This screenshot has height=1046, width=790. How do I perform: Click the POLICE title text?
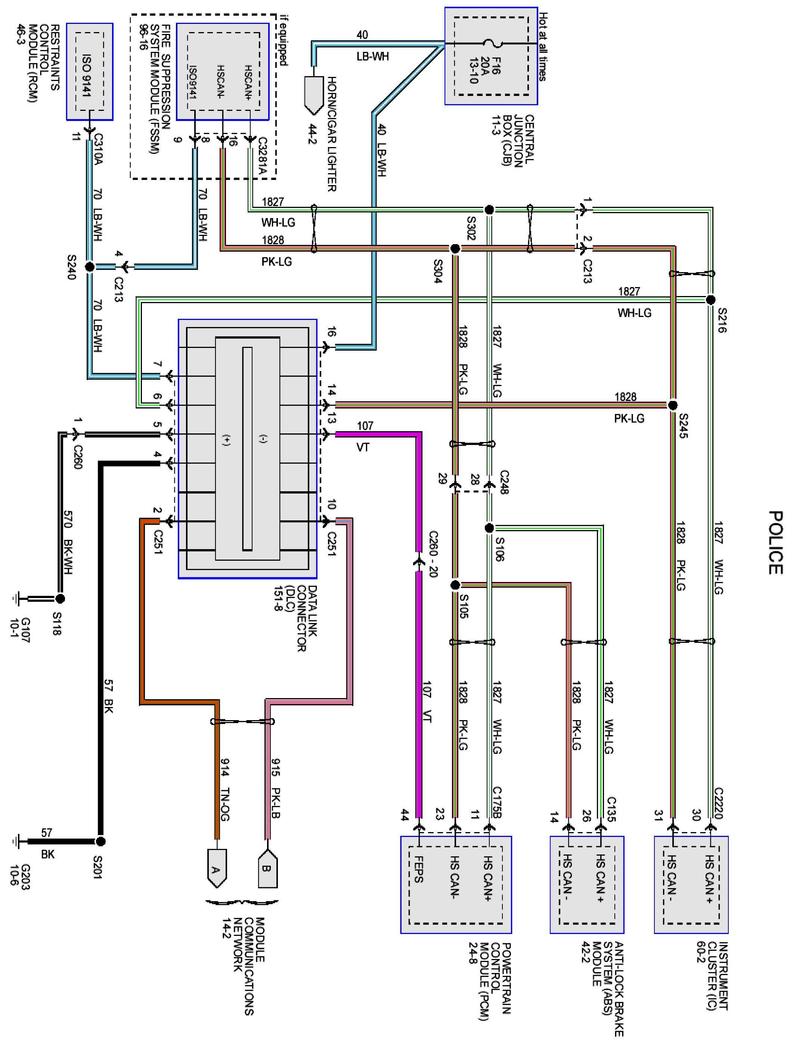click(x=774, y=542)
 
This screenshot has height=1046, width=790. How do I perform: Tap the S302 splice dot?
click(x=490, y=209)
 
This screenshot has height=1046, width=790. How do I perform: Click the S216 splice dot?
click(x=710, y=300)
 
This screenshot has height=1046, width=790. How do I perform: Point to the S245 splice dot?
click(x=673, y=405)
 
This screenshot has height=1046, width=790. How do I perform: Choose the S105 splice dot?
click(x=455, y=585)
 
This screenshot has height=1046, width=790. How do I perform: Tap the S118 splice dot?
click(x=60, y=599)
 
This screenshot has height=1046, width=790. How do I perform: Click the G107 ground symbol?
click(x=17, y=599)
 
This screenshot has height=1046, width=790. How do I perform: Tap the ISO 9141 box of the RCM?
click(x=89, y=71)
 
